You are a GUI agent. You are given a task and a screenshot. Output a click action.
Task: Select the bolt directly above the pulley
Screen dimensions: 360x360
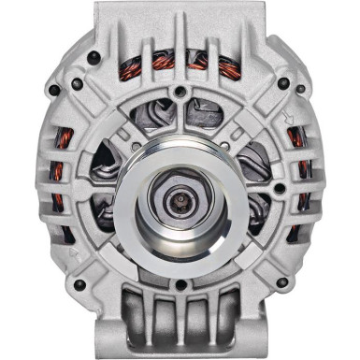(x=180, y=92)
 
